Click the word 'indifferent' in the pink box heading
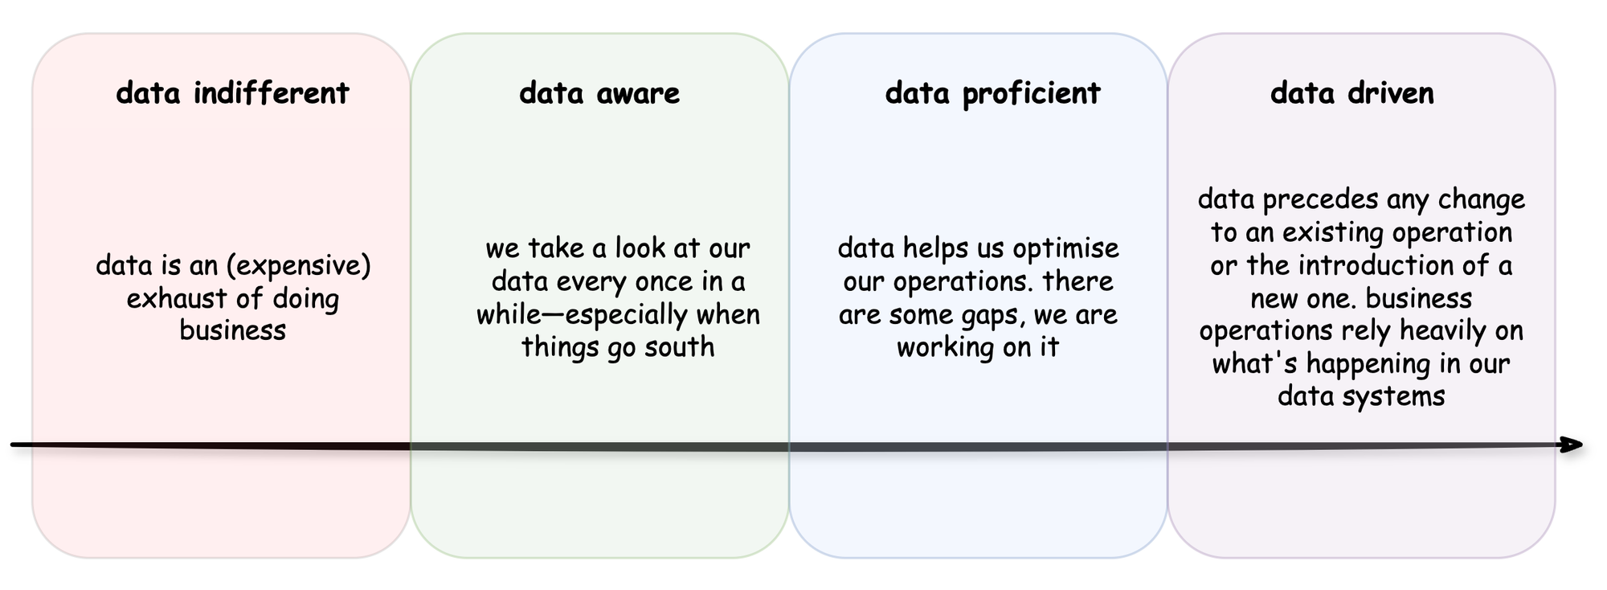click(x=272, y=93)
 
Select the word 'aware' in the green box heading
click(x=639, y=93)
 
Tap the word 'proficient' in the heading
click(x=1031, y=94)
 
